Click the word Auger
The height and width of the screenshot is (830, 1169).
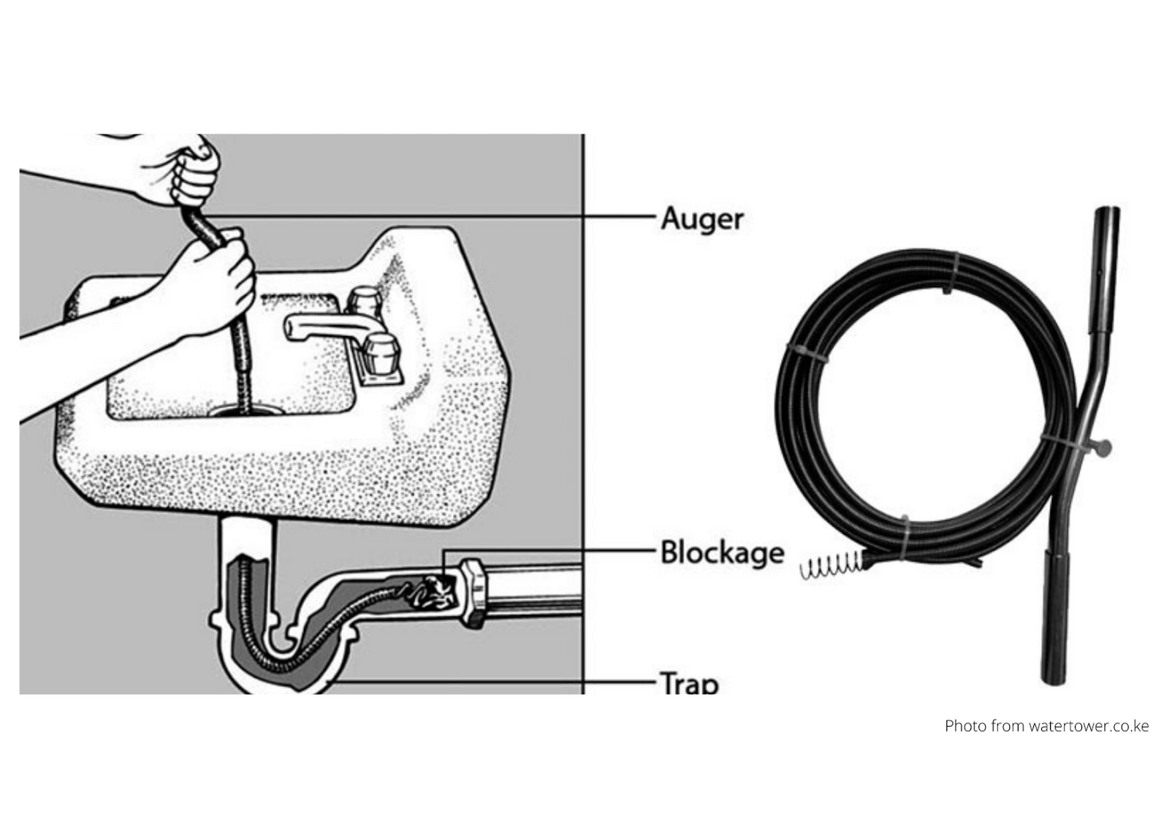702,220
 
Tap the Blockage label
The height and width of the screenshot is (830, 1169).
723,553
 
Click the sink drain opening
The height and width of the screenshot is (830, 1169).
246,411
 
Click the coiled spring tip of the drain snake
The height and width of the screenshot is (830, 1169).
831,566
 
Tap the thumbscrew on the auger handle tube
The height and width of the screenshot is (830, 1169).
1102,448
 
